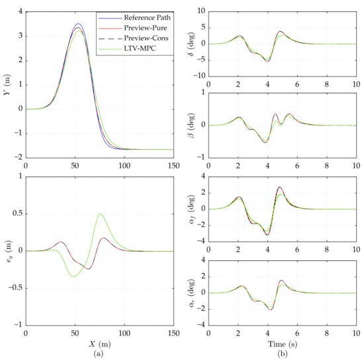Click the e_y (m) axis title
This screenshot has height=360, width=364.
tap(7, 251)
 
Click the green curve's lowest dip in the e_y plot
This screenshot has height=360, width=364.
tap(73, 276)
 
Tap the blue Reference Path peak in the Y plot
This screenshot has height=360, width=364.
tap(78, 24)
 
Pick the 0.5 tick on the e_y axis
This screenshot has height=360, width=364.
tap(17, 214)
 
